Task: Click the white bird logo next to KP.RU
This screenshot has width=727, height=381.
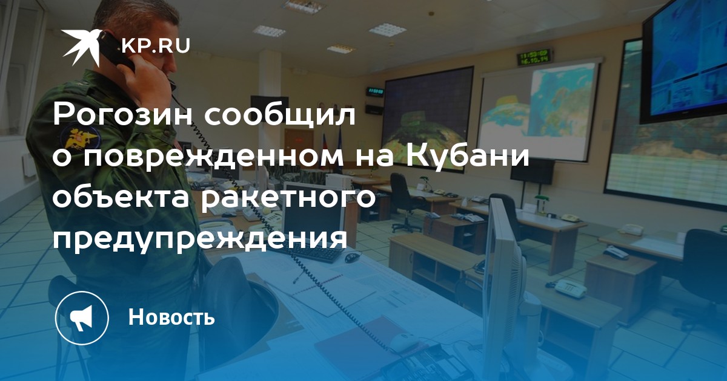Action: (x=81, y=46)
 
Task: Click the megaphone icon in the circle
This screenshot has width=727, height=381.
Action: (x=82, y=317)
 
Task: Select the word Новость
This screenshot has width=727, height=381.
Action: (x=171, y=317)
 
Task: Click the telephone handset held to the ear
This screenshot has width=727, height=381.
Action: (x=118, y=52)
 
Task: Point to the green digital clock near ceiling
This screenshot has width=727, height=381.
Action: (x=535, y=57)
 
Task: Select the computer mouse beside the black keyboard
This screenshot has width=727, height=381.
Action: (x=351, y=258)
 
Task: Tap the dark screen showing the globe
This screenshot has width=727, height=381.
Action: (x=428, y=114)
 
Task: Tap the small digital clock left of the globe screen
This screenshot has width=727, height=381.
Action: (x=376, y=91)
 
